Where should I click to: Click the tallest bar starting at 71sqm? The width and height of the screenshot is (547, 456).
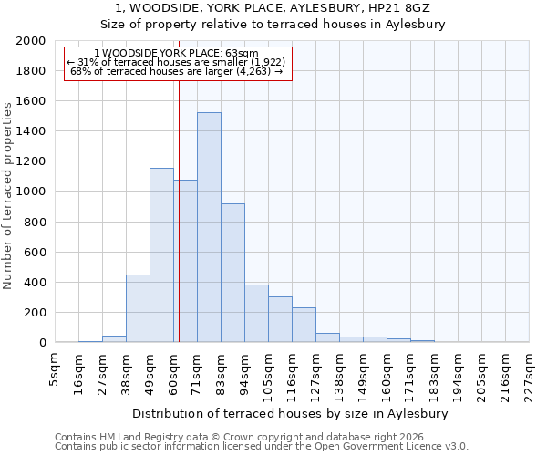coord(209,227)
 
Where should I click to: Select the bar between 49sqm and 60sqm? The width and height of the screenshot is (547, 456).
coord(161,255)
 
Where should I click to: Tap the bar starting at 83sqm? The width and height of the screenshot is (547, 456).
coord(232,273)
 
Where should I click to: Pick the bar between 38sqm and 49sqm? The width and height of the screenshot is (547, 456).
coord(138,308)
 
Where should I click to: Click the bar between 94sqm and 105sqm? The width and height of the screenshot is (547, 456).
coord(256,314)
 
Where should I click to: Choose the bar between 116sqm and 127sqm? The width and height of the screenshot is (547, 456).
coord(304,325)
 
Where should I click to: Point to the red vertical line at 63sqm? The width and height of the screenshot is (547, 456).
coord(179,228)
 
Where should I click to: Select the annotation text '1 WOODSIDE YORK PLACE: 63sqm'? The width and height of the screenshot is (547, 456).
coord(176,54)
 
